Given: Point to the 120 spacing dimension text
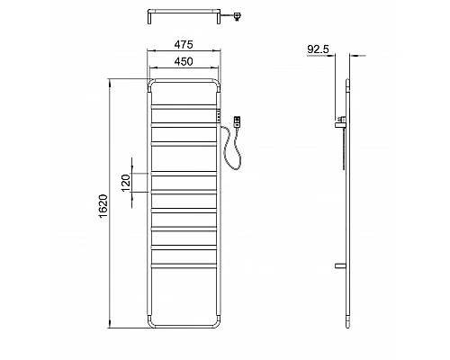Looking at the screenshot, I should point(126,181).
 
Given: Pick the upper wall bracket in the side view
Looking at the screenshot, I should point(341,120).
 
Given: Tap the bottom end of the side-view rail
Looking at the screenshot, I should point(346,325).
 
